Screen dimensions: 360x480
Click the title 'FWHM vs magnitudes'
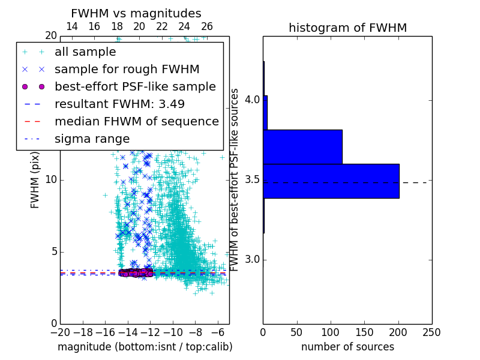(136, 13)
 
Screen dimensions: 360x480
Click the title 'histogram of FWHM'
(347, 28)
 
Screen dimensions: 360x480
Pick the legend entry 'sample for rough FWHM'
(127, 69)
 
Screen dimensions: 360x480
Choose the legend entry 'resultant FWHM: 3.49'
(119, 104)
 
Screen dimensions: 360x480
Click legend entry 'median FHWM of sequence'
(136, 121)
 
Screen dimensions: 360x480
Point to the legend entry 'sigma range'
(92, 139)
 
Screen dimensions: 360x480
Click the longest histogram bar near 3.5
(331, 181)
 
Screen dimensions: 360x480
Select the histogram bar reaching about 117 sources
(302, 146)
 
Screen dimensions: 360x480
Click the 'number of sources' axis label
(347, 347)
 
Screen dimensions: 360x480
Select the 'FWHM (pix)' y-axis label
(35, 179)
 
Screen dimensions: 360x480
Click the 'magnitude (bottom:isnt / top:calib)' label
(145, 347)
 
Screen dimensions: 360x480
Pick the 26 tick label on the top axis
(207, 26)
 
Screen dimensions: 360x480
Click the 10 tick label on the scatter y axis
(50, 180)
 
